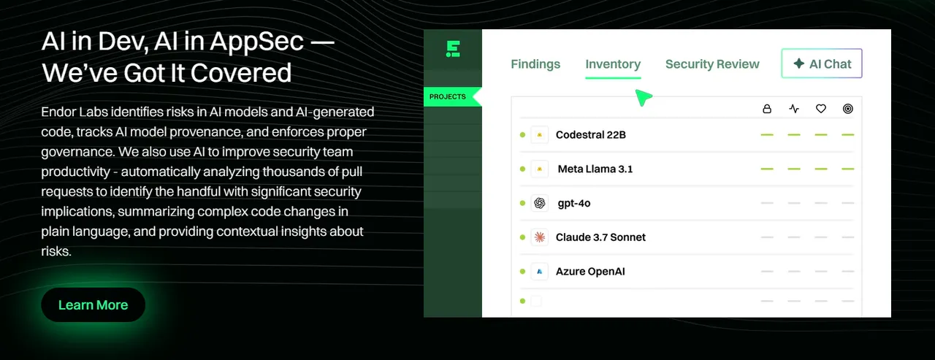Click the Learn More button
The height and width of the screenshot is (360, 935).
(x=93, y=305)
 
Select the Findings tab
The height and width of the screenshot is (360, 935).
(x=535, y=64)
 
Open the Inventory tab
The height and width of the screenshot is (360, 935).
(x=613, y=64)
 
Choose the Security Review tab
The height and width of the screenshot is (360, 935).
(x=712, y=64)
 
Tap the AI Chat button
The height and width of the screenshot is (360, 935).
(x=822, y=64)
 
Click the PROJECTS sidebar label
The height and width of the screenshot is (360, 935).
(x=448, y=97)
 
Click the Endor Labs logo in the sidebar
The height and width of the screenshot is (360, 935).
(x=453, y=49)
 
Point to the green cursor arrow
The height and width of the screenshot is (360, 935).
(x=644, y=98)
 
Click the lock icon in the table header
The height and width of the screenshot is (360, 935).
(x=767, y=109)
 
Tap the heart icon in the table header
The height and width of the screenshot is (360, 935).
(x=820, y=109)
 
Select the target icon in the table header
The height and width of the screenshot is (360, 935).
(x=848, y=109)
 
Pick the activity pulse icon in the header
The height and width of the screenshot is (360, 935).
(x=794, y=109)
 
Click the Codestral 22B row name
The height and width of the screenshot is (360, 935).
(x=591, y=135)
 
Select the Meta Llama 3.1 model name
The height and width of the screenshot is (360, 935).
(x=595, y=169)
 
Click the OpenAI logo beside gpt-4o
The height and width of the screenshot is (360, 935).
(x=539, y=203)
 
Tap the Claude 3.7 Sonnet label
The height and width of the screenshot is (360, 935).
(x=600, y=237)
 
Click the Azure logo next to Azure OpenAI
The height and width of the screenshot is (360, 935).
(x=539, y=272)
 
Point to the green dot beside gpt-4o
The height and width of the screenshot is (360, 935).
(x=522, y=203)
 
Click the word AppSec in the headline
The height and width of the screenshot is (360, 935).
(x=256, y=42)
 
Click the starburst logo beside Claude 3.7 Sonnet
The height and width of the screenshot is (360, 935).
(x=539, y=237)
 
